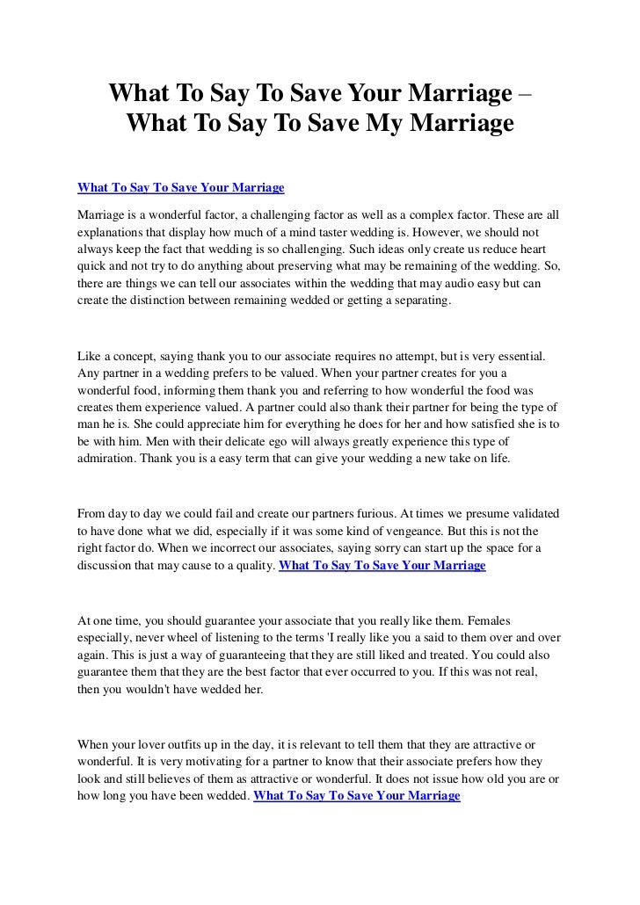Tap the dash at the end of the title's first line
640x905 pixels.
click(525, 92)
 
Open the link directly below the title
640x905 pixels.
click(181, 187)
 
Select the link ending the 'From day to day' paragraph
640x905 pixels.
click(382, 565)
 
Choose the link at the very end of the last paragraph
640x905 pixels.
click(356, 795)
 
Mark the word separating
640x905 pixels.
click(418, 300)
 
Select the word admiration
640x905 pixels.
click(105, 460)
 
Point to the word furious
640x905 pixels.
click(380, 513)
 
